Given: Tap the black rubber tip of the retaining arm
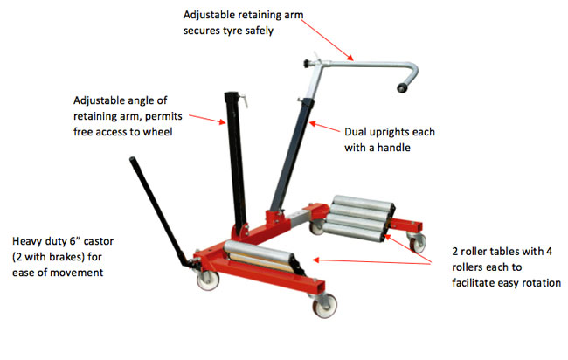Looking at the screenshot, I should point(402,87).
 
